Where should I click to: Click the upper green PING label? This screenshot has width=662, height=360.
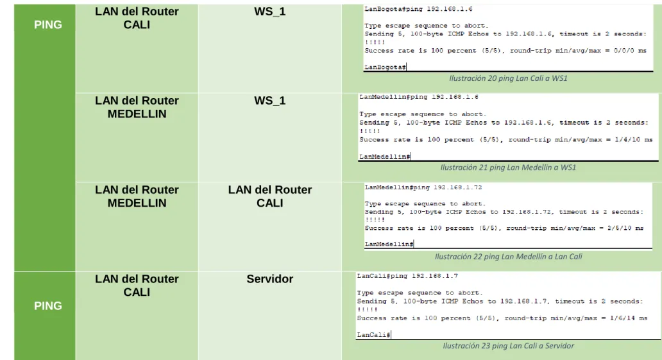coord(47,24)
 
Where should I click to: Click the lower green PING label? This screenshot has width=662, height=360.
coord(47,305)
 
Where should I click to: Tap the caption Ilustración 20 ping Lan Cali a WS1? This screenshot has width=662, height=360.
coord(508,78)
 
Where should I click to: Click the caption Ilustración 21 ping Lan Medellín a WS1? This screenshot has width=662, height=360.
coord(508,167)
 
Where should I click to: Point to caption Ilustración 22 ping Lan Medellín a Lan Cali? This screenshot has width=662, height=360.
coord(508,257)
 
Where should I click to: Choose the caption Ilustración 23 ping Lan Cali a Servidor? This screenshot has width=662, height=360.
coord(508,346)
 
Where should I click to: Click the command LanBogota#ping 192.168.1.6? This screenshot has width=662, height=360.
coord(418,9)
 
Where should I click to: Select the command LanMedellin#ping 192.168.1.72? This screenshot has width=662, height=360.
coord(423,187)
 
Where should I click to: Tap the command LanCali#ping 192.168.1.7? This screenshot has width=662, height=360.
coord(407,276)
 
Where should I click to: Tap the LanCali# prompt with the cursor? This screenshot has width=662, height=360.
coord(373,334)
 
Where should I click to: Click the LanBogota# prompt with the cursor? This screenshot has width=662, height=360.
coord(385,67)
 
